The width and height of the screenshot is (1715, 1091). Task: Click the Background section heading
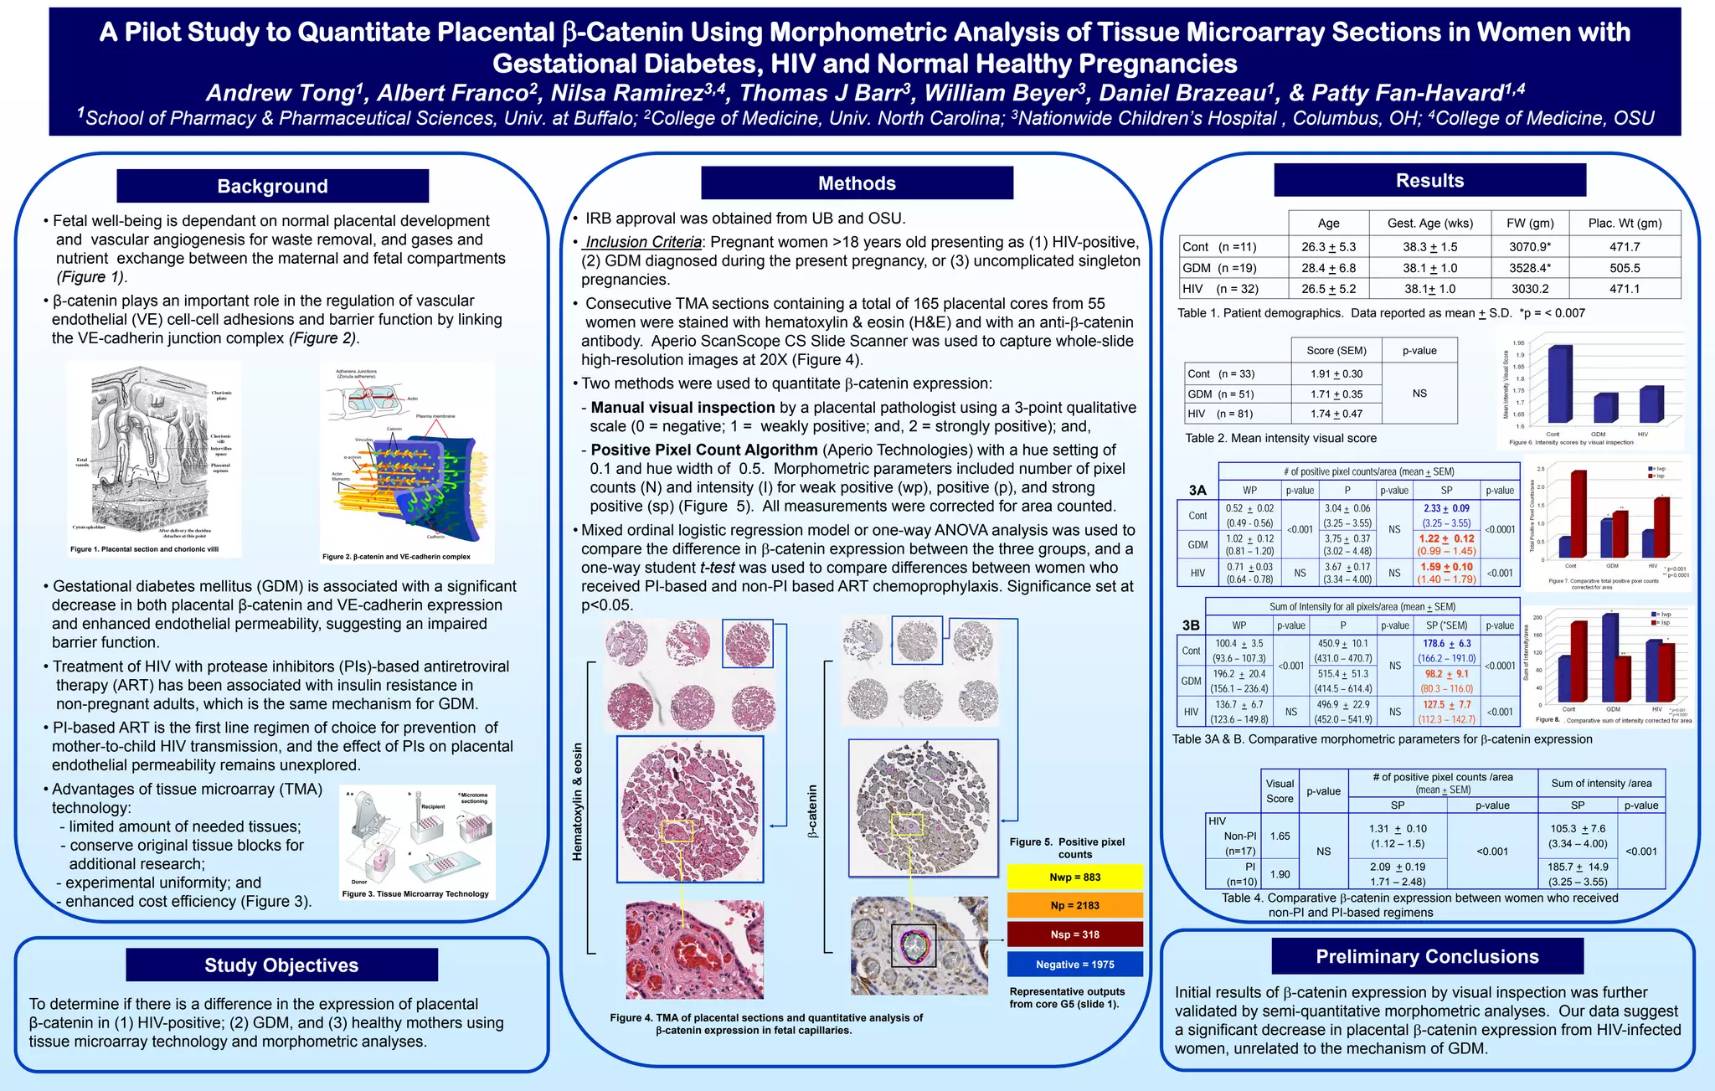click(x=272, y=186)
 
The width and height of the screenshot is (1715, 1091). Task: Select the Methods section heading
click(x=857, y=183)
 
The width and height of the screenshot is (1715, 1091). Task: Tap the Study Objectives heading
click(x=281, y=965)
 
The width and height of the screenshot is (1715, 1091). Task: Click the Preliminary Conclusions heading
click(x=1427, y=956)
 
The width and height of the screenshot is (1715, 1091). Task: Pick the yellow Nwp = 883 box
click(x=1074, y=877)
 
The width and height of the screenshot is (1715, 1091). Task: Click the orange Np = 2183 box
click(x=1074, y=905)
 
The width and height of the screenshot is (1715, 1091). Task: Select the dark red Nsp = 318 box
click(x=1074, y=934)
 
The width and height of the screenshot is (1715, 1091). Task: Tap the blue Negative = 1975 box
click(x=1074, y=965)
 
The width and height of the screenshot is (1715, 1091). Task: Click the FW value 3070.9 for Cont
click(x=1529, y=247)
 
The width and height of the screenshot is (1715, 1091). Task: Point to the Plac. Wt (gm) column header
click(x=1625, y=223)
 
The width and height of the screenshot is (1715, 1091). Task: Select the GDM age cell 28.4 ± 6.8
click(x=1328, y=268)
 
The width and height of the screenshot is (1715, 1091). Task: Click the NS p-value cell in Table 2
click(x=1419, y=394)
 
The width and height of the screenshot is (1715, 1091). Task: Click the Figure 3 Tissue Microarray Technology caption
click(x=415, y=894)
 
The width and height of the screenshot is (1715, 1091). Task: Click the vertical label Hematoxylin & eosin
click(x=578, y=801)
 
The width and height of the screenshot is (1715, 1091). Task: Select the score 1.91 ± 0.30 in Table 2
click(x=1336, y=374)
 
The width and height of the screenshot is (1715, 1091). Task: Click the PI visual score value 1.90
click(x=1280, y=874)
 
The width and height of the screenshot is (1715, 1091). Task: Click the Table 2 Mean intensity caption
click(x=1280, y=438)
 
